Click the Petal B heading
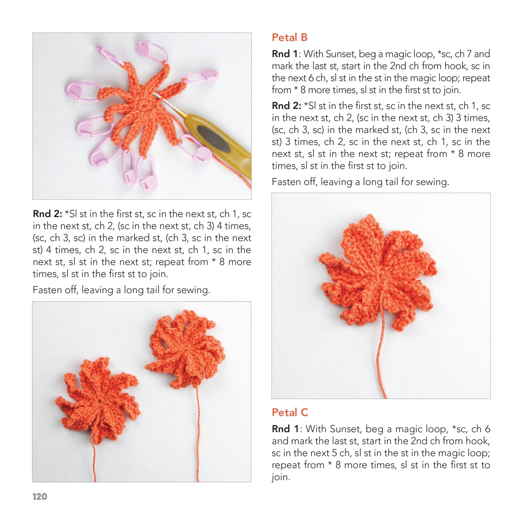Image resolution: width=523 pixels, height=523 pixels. click(x=289, y=37)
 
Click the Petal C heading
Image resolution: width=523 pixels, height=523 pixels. click(x=290, y=413)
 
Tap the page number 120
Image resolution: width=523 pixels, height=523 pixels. click(x=40, y=497)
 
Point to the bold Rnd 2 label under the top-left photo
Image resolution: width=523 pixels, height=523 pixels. click(x=47, y=214)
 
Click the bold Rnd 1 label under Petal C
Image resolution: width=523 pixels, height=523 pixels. click(x=285, y=429)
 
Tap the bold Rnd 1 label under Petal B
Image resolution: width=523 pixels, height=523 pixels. click(x=285, y=54)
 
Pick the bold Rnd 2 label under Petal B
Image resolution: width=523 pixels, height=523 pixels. click(x=286, y=106)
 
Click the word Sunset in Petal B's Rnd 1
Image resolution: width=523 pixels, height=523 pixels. click(x=341, y=54)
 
